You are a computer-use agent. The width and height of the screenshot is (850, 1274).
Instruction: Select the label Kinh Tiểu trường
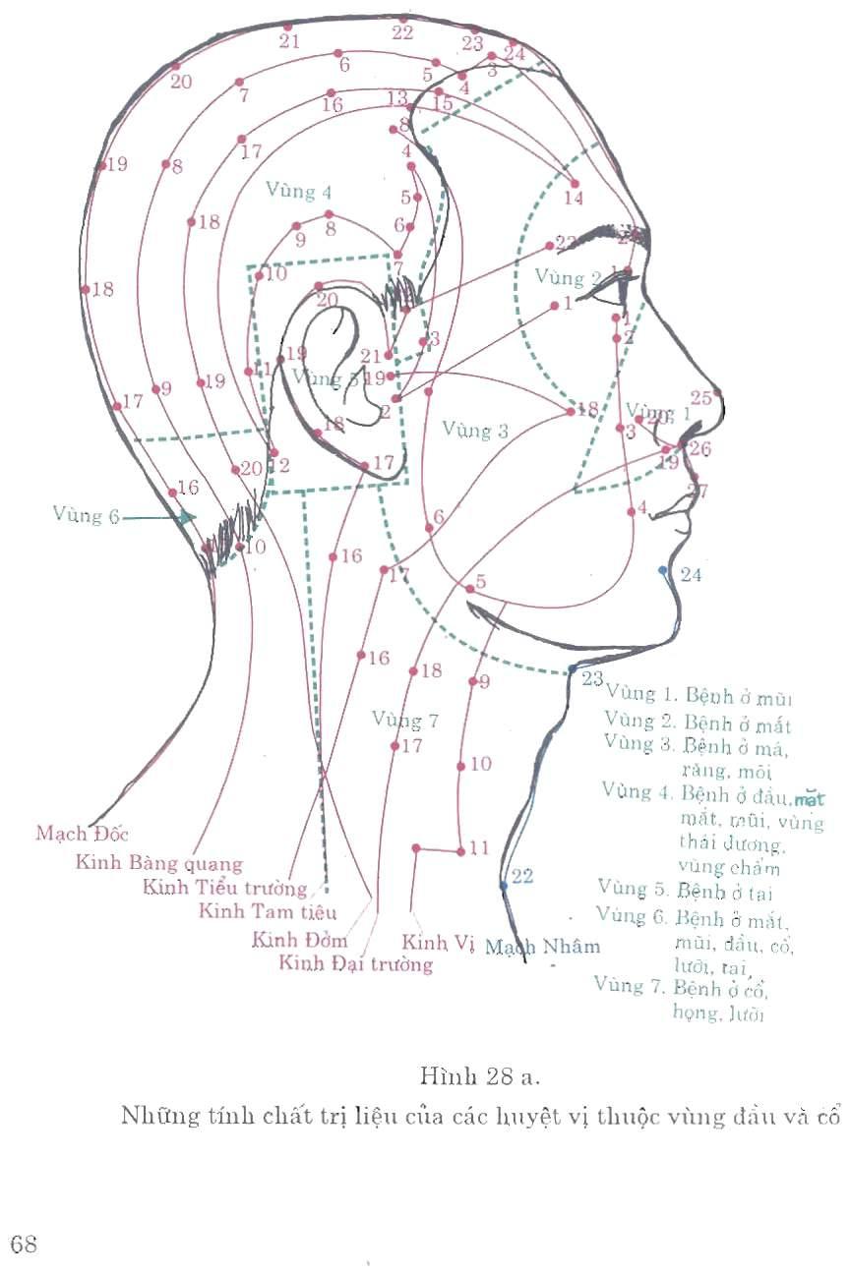225,888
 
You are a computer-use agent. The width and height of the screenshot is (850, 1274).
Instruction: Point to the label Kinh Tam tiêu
268,911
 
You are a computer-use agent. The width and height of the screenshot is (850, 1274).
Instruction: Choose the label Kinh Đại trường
356,962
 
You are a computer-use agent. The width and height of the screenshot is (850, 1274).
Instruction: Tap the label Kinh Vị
439,941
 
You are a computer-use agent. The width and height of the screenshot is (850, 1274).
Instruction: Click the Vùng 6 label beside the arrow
87,515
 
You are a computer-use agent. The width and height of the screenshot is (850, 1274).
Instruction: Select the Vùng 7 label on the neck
405,720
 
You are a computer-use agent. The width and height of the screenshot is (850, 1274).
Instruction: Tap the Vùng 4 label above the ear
299,192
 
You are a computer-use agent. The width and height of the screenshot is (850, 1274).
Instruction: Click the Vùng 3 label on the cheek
475,429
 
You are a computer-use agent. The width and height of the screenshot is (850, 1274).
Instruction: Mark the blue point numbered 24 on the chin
663,570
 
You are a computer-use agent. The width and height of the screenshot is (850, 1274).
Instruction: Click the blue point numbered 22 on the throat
504,885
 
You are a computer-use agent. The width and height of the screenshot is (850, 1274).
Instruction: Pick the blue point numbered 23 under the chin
573,668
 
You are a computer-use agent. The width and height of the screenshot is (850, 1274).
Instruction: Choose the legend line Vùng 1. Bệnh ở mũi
699,697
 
